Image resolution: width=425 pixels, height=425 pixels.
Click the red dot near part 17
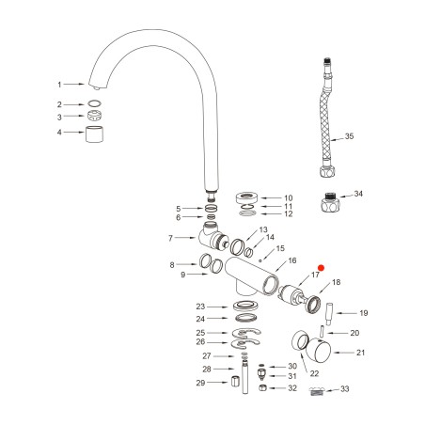321,268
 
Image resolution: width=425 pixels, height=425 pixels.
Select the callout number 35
349,136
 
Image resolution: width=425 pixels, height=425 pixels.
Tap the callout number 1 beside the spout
58,84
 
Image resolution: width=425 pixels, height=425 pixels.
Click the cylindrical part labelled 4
95,133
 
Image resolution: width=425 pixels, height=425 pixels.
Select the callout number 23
199,307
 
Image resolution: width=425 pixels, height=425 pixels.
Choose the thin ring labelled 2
95,104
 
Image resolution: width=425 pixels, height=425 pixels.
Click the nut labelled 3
95,117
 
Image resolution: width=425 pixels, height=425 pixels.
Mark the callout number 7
171,238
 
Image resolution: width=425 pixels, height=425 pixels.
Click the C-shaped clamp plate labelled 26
247,342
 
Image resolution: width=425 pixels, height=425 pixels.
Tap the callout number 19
364,313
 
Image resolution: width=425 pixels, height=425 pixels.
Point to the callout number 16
292,260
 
